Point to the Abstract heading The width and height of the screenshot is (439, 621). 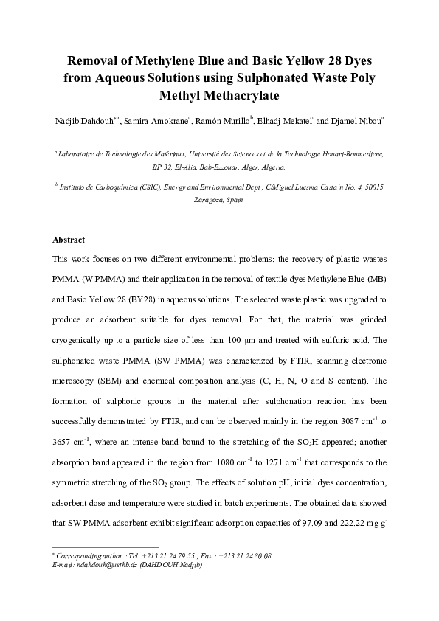pyautogui.click(x=69, y=240)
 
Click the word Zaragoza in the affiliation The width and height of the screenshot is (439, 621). pyautogui.click(x=209, y=200)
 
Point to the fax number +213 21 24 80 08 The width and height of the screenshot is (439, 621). pyautogui.click(x=248, y=555)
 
